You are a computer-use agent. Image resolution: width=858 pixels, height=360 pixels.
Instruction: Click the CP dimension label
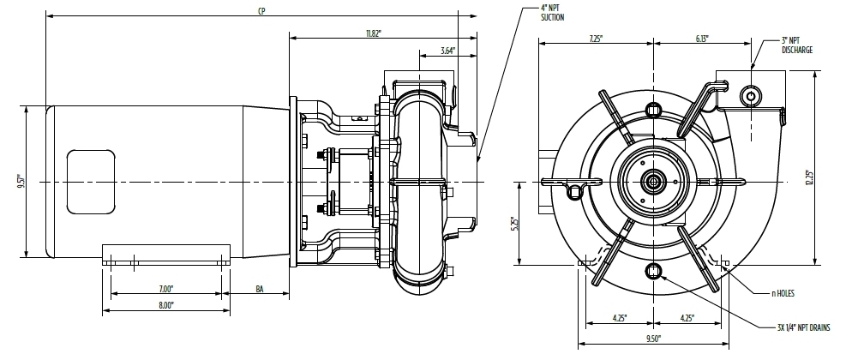coord(261,11)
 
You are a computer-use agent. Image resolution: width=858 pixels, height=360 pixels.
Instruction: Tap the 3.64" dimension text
coord(447,51)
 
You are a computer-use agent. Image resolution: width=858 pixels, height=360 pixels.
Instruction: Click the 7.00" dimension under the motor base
coord(166,288)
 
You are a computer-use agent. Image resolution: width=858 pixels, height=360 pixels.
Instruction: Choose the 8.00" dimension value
coord(166,304)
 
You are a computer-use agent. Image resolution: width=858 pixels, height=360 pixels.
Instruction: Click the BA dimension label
coord(260,289)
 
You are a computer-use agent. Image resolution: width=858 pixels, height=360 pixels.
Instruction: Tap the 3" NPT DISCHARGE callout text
coord(796,45)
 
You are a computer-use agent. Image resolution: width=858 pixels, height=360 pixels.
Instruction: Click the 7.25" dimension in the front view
coord(597,39)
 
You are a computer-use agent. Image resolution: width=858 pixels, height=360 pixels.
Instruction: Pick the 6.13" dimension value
coord(702,39)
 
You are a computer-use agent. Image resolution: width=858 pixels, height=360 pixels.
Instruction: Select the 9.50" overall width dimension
coord(655,339)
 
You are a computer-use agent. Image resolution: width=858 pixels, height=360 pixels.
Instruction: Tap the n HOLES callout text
coord(783,293)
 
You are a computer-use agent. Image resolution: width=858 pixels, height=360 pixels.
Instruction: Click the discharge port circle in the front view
coord(750,93)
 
